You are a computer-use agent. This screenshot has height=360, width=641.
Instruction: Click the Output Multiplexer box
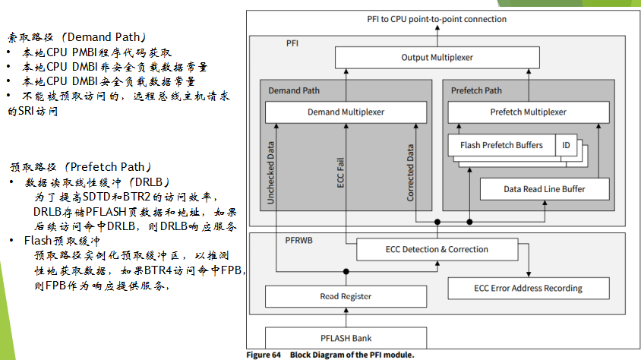[x=436, y=58]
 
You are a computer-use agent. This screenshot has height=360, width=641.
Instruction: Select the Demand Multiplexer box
[x=346, y=112]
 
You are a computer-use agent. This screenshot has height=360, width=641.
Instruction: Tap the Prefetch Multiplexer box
[x=528, y=112]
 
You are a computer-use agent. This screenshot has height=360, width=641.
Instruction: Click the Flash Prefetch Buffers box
[x=501, y=145]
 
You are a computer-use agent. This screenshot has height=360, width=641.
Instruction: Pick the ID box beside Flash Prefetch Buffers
[x=566, y=145]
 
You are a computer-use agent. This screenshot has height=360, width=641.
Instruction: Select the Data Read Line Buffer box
[x=544, y=189]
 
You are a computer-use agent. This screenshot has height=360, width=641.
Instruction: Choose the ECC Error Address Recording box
[x=528, y=288]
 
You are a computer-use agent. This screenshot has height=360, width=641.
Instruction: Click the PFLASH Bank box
[x=346, y=338]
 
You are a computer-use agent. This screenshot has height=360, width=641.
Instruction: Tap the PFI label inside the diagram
[x=292, y=44]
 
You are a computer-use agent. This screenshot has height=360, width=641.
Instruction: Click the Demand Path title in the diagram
[x=294, y=90]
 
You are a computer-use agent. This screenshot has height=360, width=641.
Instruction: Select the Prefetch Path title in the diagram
[x=476, y=90]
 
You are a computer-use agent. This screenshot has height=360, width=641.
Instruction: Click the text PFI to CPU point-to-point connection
[x=436, y=19]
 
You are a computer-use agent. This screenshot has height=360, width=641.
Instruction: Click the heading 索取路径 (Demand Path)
[x=77, y=36]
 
